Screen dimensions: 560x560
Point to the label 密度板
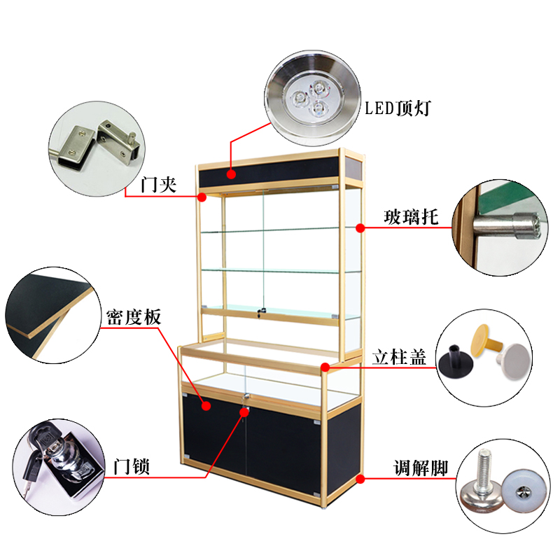coord(134,317)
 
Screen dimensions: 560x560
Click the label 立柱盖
coord(398,356)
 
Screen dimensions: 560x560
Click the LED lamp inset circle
coord(311,94)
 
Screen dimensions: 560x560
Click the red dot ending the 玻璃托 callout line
coord(360,227)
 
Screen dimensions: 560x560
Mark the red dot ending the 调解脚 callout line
coord(360,479)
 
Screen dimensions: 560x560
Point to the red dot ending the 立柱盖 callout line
coord(326,366)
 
